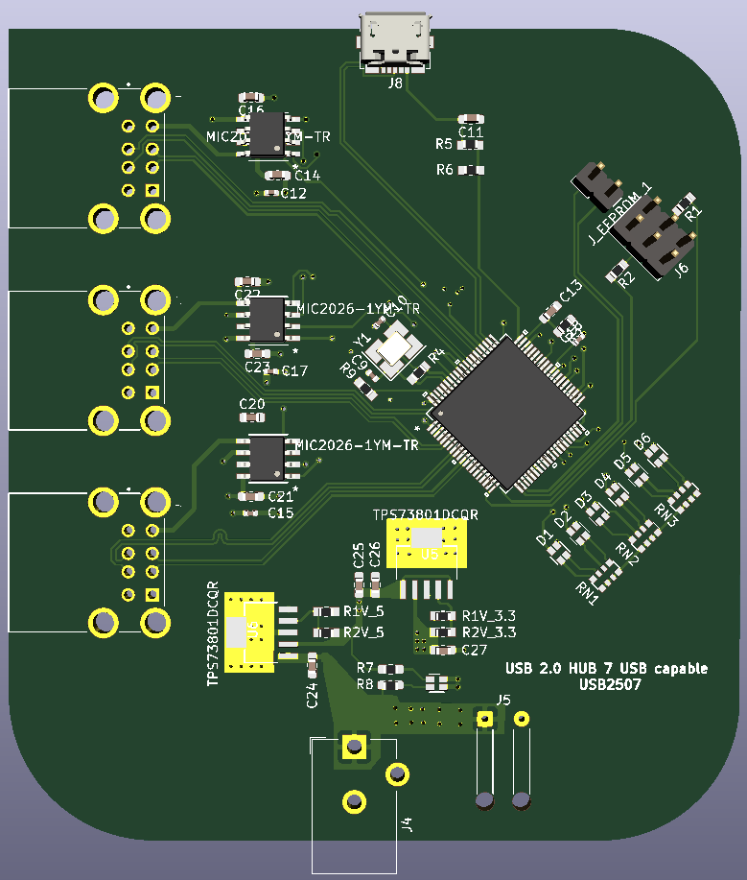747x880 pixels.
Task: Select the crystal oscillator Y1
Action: pyautogui.click(x=394, y=349)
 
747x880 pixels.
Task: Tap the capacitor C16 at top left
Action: pyautogui.click(x=250, y=97)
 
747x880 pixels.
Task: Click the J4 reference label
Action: pyautogui.click(x=407, y=823)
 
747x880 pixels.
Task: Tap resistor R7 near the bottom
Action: pyautogui.click(x=391, y=669)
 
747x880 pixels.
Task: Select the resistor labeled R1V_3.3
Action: pyautogui.click(x=442, y=616)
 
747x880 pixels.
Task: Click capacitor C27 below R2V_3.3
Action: pyautogui.click(x=442, y=650)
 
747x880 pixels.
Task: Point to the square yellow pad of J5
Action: pyautogui.click(x=485, y=719)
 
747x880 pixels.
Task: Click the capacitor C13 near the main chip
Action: pyautogui.click(x=550, y=312)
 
